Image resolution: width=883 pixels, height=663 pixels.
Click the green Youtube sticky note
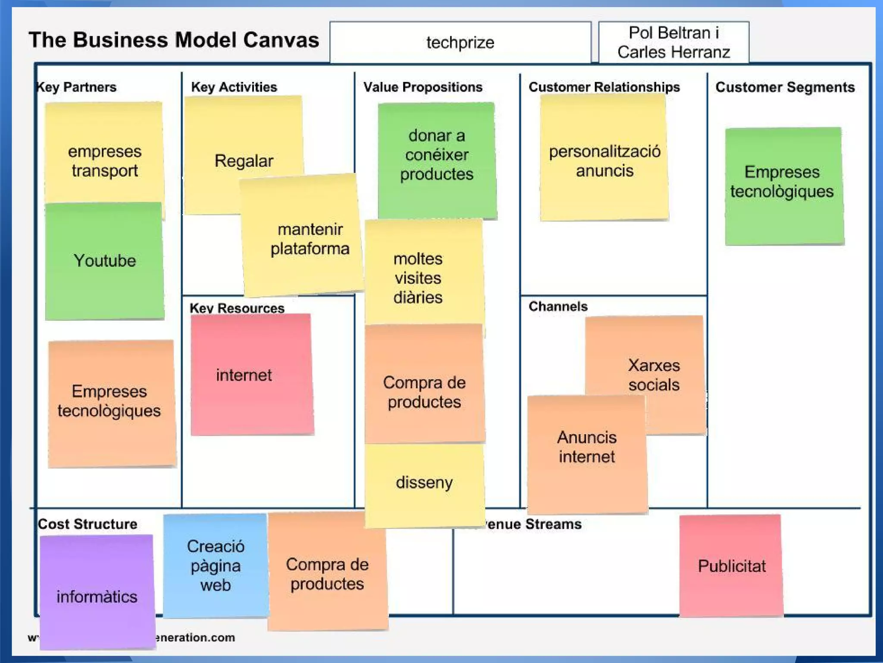(105, 261)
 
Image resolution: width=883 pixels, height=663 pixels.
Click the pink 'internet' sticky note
(252, 375)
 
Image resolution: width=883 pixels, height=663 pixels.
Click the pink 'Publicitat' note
(731, 565)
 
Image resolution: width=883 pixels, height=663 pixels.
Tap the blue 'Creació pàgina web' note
(216, 565)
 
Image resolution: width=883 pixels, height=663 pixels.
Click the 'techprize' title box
(460, 42)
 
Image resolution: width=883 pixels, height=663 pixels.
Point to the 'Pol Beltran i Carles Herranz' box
(673, 42)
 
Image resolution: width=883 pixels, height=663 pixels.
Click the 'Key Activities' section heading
(234, 87)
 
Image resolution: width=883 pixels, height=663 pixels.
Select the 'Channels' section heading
(558, 306)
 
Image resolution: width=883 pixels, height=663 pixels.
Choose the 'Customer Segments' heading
(785, 87)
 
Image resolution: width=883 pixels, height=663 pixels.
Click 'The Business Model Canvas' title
(174, 40)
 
